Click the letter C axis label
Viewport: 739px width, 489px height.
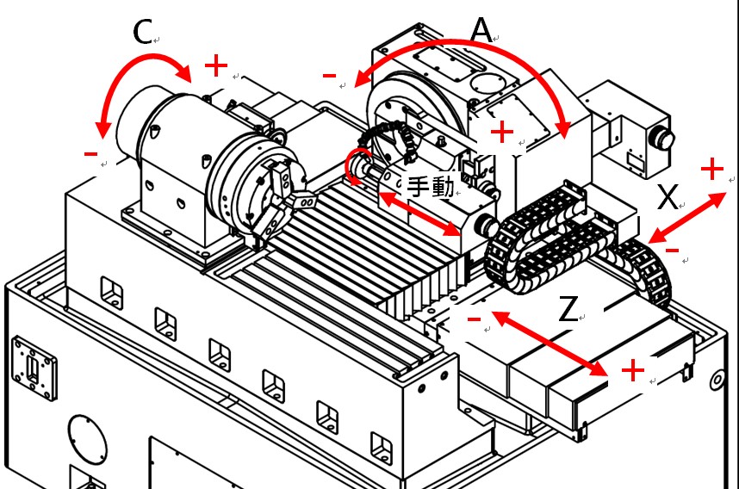pos(143,33)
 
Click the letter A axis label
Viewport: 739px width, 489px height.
pos(481,31)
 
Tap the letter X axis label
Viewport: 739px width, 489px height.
pos(668,199)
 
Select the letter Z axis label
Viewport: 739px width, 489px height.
pos(568,309)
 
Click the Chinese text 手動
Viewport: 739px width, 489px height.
pos(430,187)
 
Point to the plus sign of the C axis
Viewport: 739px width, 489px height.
pos(216,65)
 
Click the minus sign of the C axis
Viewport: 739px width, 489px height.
pos(90,154)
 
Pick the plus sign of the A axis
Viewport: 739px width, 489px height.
pos(501,133)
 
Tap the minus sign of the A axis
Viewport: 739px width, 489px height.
pos(329,77)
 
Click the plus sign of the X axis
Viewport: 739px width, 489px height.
pos(712,170)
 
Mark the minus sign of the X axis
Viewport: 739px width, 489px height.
pos(673,251)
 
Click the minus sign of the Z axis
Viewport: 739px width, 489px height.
pos(474,319)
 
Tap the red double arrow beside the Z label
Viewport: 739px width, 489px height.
pos(551,344)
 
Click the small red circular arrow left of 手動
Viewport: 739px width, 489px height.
pos(356,164)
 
